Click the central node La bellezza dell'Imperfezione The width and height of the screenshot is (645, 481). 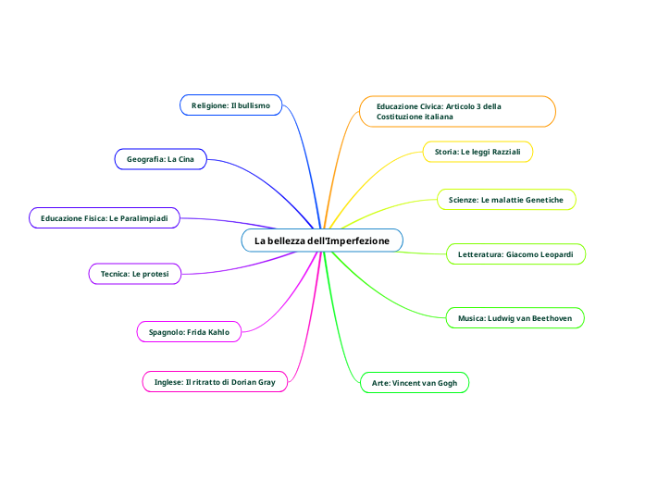[x=322, y=241]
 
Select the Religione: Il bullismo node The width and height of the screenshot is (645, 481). [x=230, y=106]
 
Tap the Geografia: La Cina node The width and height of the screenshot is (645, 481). [x=160, y=159]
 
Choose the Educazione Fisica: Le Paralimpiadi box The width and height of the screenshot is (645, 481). [x=104, y=218]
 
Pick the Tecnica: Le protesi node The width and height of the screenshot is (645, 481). [x=134, y=274]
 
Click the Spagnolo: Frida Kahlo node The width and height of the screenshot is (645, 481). [x=189, y=331]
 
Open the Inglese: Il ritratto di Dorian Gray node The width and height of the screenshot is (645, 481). [x=215, y=381]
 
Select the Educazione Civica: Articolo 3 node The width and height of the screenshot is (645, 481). [x=457, y=112]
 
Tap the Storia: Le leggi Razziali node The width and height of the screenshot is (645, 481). [x=478, y=151]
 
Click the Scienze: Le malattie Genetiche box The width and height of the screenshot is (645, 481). [x=506, y=200]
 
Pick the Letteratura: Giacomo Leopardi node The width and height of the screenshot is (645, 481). [x=515, y=253]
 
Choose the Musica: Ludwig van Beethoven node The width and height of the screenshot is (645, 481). [x=515, y=318]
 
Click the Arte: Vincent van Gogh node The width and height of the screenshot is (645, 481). [x=414, y=383]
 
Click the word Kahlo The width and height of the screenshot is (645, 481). [x=218, y=331]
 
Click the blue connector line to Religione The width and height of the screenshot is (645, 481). [x=304, y=148]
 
